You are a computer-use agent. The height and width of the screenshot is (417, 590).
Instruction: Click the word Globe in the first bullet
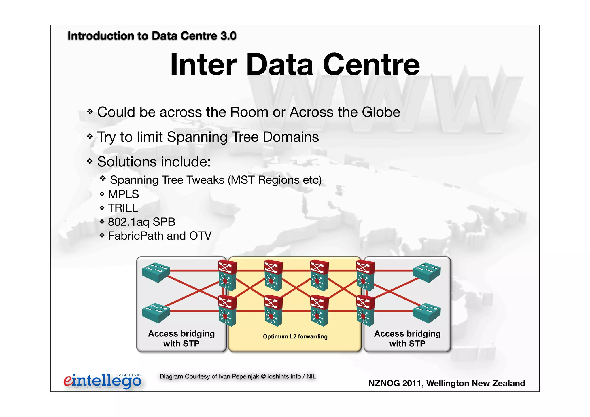point(381,112)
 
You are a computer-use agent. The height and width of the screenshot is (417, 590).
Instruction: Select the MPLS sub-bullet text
point(123,194)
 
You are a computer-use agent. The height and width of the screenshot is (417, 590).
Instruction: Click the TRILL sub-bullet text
point(123,208)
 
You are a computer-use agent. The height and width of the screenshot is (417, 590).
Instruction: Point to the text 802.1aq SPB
point(141,222)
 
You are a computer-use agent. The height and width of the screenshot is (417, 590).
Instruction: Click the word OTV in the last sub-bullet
point(200,236)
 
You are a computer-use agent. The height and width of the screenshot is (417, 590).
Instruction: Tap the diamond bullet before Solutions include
point(90,161)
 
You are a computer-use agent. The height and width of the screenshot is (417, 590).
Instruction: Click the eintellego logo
point(102,381)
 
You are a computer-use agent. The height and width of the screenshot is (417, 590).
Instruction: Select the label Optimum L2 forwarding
point(295,336)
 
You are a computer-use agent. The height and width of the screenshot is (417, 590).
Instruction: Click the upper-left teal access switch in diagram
point(156,272)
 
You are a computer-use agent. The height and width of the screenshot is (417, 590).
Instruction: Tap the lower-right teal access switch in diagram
point(427,313)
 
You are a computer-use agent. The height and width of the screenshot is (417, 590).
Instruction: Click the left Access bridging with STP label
point(181,338)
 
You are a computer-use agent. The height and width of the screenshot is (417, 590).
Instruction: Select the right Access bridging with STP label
point(407,338)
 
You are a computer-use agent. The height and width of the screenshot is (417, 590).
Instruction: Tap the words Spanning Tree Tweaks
point(167,180)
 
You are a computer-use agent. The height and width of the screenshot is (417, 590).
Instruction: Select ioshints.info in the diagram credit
point(284,376)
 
